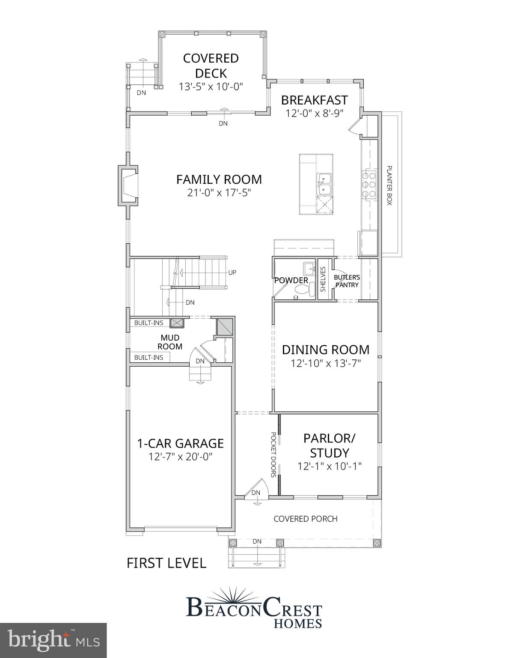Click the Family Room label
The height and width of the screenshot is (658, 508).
point(219,179)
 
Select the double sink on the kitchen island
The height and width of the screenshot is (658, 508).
point(324,184)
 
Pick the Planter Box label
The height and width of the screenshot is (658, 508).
point(389,185)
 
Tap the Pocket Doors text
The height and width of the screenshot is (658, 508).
point(273,455)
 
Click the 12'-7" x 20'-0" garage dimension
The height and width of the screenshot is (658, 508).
point(180,457)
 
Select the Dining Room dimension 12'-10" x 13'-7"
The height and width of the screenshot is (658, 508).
point(326,364)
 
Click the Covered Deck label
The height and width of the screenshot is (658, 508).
point(211,65)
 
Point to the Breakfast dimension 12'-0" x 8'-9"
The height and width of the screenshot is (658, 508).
point(315,114)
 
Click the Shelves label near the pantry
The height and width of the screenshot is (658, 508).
point(323,279)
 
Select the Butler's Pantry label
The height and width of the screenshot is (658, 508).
point(347,281)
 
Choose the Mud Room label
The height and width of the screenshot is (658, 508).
point(169,342)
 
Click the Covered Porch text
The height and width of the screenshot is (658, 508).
point(305,519)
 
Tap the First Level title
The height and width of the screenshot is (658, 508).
point(166,563)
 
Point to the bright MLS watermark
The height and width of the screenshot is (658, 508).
point(53,640)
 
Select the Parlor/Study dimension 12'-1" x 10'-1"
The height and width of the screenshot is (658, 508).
point(330,466)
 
